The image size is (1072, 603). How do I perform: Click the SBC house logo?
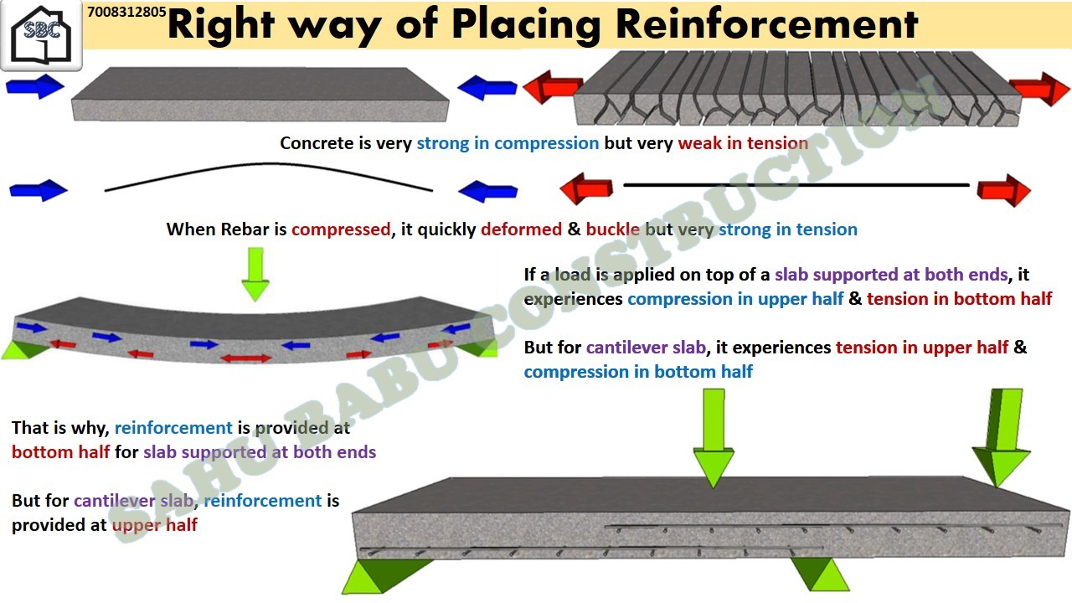[x=41, y=35]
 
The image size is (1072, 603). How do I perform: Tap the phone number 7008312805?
[x=126, y=12]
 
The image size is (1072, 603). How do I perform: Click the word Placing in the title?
[x=527, y=26]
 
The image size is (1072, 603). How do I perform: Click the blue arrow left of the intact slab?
[x=35, y=86]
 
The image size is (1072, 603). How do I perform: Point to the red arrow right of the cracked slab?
[x=1039, y=89]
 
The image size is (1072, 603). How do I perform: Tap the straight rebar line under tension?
[x=796, y=185]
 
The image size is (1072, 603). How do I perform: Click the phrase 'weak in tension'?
[x=743, y=143]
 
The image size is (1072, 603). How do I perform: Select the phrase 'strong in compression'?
[x=508, y=143]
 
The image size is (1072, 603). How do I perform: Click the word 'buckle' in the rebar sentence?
[x=612, y=229]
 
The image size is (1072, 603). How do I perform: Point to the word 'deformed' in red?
[x=521, y=229]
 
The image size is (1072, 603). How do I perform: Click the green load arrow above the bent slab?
[x=255, y=274]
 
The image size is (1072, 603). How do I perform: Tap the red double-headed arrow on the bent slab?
[x=246, y=358]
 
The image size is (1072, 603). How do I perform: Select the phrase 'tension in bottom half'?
[x=959, y=299]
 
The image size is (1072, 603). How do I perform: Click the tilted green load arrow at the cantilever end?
[x=1002, y=437]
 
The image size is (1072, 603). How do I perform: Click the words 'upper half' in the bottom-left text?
[x=155, y=525]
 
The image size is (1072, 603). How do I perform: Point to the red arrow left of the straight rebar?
[x=586, y=188]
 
